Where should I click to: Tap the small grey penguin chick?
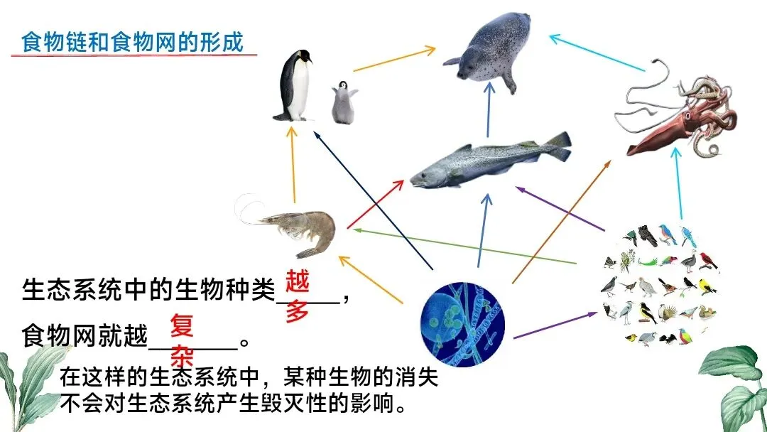click(344, 102)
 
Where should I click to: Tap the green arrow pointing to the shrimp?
click(462, 245)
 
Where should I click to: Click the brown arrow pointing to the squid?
click(561, 220)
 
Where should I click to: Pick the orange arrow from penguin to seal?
click(394, 59)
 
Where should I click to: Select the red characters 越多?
click(298, 296)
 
